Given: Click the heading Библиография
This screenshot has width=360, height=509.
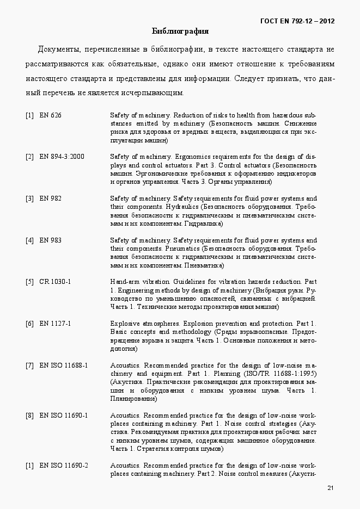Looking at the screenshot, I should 180,31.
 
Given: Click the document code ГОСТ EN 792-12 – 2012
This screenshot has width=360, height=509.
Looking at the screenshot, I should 298,21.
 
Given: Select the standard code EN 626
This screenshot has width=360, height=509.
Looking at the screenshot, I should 51,115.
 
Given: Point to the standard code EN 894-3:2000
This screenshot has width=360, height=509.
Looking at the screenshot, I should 62,157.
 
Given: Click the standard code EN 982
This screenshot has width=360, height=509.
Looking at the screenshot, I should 51,198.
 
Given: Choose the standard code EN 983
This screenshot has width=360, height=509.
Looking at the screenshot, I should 51,240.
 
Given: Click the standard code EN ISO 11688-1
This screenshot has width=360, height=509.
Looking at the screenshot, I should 64,365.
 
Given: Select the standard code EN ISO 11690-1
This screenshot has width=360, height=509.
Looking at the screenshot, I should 64,415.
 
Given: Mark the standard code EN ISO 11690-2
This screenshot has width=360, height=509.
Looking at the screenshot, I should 64,465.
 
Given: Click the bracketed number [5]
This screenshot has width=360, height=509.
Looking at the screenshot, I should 29,282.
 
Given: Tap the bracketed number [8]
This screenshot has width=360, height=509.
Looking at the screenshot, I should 29,415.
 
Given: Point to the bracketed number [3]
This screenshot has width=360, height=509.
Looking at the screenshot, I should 29,198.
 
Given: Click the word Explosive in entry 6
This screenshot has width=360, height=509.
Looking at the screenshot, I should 124,324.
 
